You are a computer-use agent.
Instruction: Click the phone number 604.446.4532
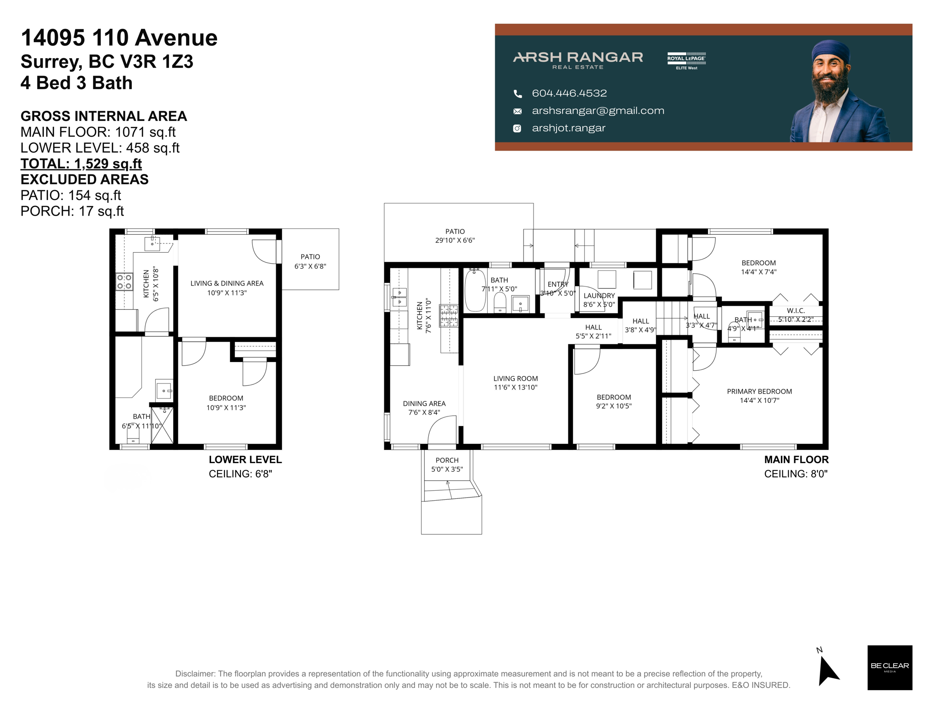point(569,93)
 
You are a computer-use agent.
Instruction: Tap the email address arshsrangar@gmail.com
point(598,111)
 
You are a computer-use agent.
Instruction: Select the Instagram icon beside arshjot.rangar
point(517,129)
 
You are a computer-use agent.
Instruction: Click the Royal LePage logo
point(686,60)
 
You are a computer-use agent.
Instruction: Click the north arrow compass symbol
point(828,670)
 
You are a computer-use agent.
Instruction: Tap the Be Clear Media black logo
point(889,667)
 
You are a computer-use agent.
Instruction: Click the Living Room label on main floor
point(515,379)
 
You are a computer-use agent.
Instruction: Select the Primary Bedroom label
point(759,391)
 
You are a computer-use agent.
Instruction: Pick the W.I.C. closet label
point(796,311)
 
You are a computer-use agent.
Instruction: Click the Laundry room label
point(599,296)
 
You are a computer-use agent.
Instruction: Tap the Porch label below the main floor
point(447,460)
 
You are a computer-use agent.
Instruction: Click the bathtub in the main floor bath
point(475,291)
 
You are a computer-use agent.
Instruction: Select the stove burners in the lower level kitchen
point(124,281)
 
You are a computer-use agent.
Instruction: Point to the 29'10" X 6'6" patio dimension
point(455,240)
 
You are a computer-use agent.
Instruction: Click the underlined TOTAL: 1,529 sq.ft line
point(81,164)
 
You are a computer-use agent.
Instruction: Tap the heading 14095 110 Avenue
point(119,38)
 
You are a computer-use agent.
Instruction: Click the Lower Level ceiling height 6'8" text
point(240,474)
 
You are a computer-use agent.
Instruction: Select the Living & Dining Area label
point(227,283)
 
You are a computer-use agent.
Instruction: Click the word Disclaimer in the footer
point(195,674)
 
